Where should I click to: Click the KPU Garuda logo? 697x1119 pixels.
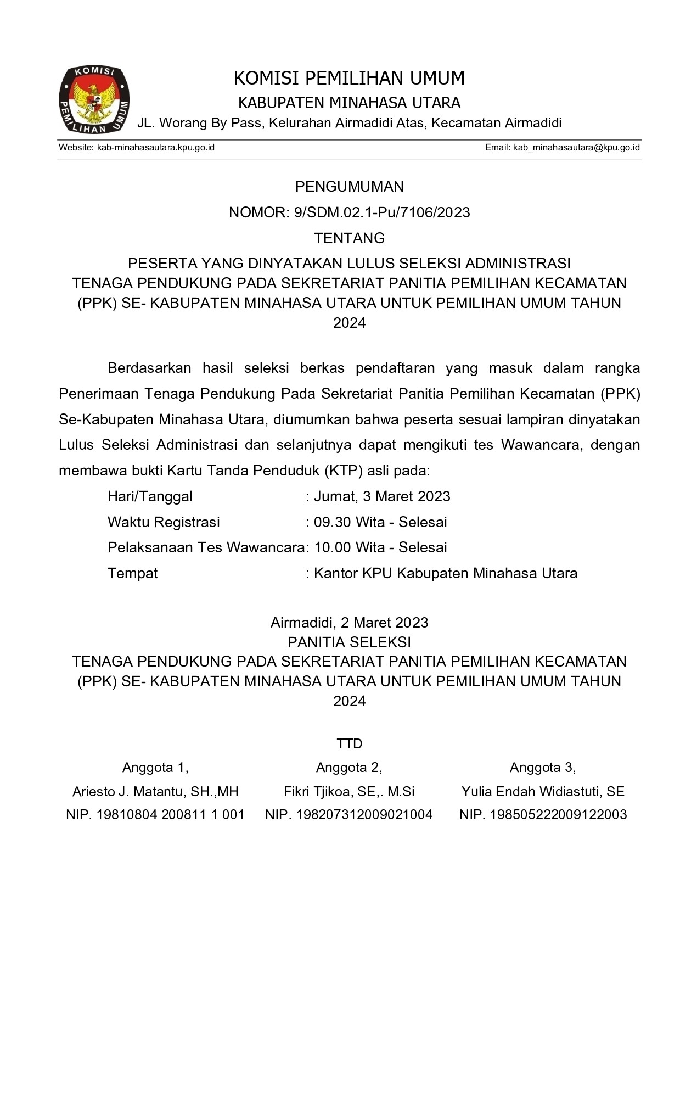[94, 99]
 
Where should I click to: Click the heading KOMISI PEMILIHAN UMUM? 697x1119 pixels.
[349, 79]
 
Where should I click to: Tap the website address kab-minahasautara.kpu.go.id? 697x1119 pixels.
[155, 148]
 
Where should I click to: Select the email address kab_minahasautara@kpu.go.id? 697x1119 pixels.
[576, 148]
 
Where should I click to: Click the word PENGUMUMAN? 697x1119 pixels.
[349, 187]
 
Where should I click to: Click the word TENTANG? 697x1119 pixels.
[349, 238]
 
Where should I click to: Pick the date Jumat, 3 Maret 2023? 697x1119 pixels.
[382, 497]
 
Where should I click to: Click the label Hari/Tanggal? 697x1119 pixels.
[150, 497]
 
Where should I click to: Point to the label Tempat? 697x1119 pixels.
[132, 574]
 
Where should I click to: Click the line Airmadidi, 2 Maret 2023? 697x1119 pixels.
[349, 623]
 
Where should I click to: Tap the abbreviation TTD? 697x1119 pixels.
[349, 744]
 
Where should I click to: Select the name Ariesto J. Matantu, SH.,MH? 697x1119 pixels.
[155, 792]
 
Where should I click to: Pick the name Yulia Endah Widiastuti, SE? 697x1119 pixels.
[543, 792]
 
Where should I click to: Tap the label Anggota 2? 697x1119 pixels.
[349, 768]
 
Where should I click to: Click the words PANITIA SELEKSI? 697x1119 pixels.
[349, 642]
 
